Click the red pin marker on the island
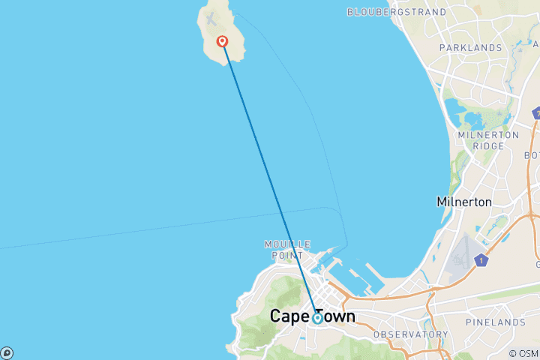(x=222, y=42)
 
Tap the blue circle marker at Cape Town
(x=317, y=318)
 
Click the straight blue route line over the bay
(x=270, y=180)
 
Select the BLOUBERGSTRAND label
(x=397, y=12)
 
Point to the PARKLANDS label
(x=470, y=48)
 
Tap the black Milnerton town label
(x=464, y=202)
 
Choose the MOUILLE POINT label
(x=281, y=250)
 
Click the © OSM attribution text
(x=523, y=353)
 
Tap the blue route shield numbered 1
(x=480, y=261)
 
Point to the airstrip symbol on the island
(x=211, y=17)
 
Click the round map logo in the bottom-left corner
(x=6, y=352)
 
